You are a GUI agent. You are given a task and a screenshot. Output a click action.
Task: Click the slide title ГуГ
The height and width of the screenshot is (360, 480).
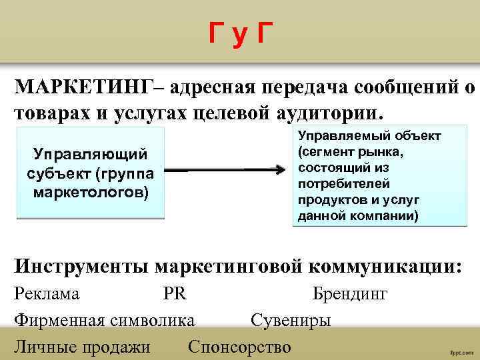coord(240,32)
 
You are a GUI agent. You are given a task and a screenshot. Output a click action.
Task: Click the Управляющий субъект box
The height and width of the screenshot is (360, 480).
coord(90,173)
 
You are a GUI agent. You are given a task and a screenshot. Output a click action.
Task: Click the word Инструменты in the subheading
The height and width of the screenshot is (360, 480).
coord(81,266)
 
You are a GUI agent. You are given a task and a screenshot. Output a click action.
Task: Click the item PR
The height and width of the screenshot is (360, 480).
coord(175,294)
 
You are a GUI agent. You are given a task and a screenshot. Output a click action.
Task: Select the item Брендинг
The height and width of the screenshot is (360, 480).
coord(350,294)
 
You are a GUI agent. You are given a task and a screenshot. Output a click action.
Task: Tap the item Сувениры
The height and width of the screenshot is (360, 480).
coord(291,321)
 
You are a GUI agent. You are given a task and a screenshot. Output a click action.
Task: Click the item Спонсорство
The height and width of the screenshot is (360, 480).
coord(240,347)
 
